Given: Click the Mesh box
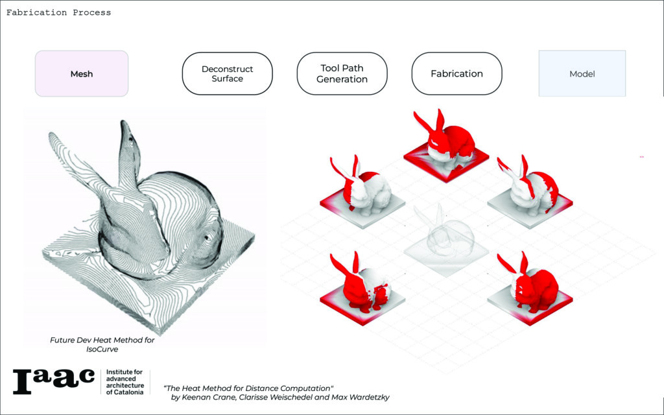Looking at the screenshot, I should [x=82, y=74].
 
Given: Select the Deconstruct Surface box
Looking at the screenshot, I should [x=227, y=74].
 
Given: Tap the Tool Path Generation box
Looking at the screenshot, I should [x=342, y=74].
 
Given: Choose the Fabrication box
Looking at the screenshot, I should [x=456, y=74].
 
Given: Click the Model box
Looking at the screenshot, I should [x=582, y=74].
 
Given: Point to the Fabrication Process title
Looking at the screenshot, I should [x=58, y=12].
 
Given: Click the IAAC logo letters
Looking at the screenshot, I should [x=53, y=381].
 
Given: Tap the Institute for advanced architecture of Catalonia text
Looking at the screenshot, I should [x=123, y=382].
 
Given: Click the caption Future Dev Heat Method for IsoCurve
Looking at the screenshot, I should [x=102, y=344].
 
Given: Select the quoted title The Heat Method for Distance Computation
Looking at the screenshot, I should [x=248, y=387].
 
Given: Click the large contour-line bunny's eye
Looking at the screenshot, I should [x=209, y=237].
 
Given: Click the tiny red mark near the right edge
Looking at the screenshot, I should [x=641, y=157].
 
